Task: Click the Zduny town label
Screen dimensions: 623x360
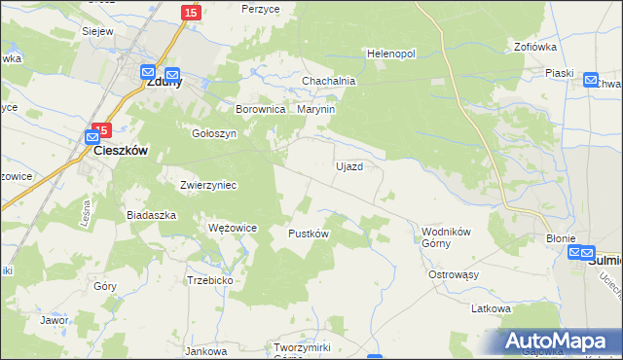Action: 165,83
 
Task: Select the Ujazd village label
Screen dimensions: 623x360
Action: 349,166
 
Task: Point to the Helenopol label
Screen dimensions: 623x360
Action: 391,53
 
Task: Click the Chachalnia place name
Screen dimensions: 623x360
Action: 329,81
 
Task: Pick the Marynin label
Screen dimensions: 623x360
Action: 316,110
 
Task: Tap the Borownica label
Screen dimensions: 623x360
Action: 260,110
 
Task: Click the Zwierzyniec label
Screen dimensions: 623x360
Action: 208,184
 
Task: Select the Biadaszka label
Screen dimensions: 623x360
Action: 151,214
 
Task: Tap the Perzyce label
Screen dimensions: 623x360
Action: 261,8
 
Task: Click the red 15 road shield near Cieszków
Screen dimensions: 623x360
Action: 102,129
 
